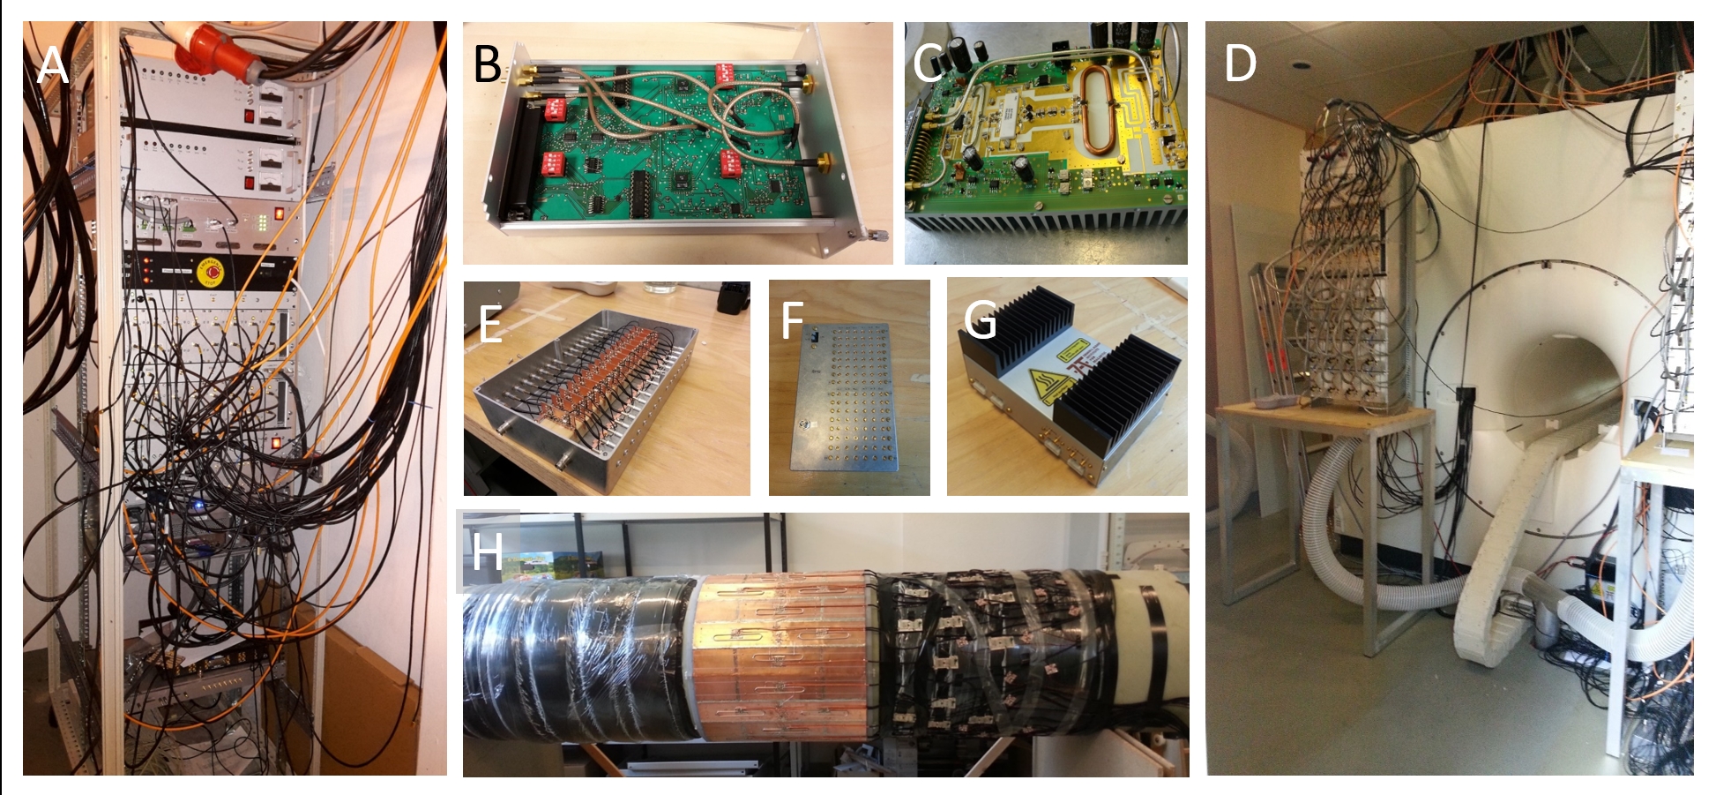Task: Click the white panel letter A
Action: [x=53, y=65]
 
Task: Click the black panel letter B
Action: [x=487, y=64]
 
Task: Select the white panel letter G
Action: [x=980, y=319]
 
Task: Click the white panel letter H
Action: [x=487, y=552]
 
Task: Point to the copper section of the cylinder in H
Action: [x=785, y=653]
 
